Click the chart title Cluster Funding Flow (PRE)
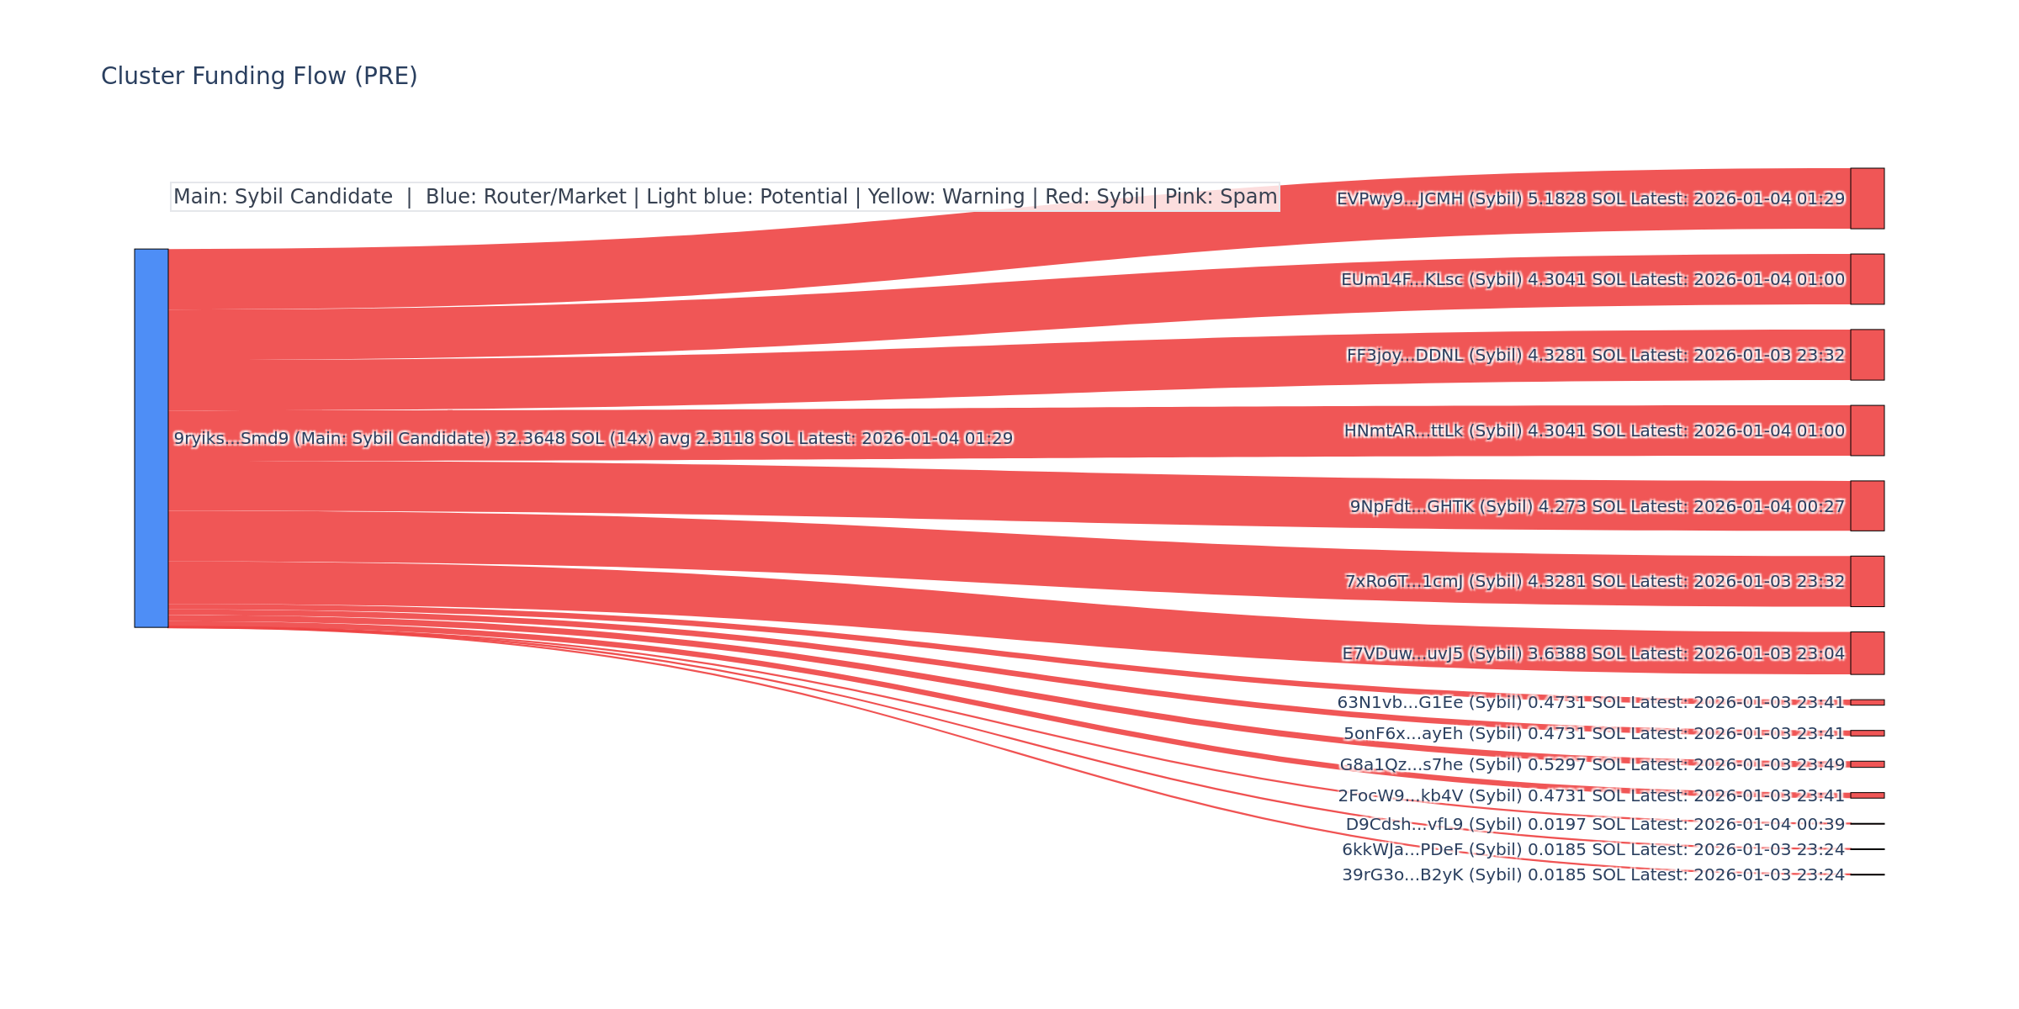pyautogui.click(x=259, y=77)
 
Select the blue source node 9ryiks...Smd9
pyautogui.click(x=151, y=438)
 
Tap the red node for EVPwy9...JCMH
pyautogui.click(x=1867, y=198)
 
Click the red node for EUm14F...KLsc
pyautogui.click(x=1867, y=279)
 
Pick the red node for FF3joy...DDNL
pyautogui.click(x=1867, y=355)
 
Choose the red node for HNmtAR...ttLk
pyautogui.click(x=1867, y=431)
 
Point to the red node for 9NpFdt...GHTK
pyautogui.click(x=1867, y=506)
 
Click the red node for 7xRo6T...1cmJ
pyautogui.click(x=1867, y=581)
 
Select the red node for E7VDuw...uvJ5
pyautogui.click(x=1867, y=653)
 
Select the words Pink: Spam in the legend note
pyautogui.click(x=1221, y=197)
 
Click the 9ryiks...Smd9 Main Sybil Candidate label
pyautogui.click(x=593, y=438)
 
